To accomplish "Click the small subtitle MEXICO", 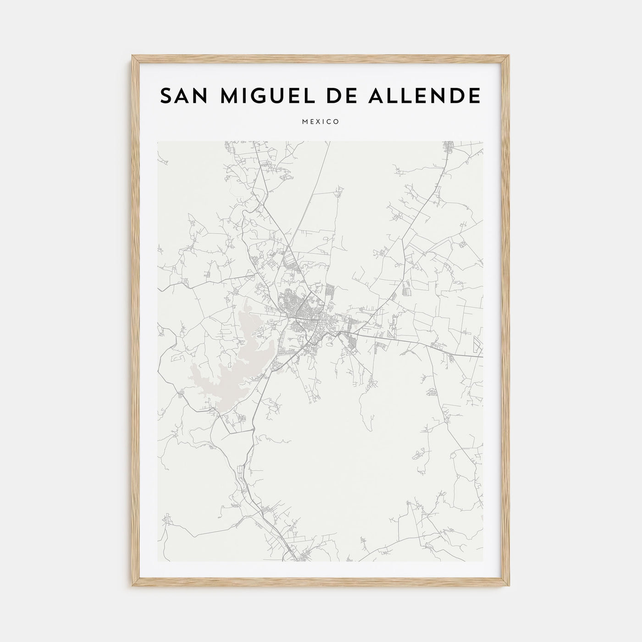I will [321, 122].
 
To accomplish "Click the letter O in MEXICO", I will [337, 122].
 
